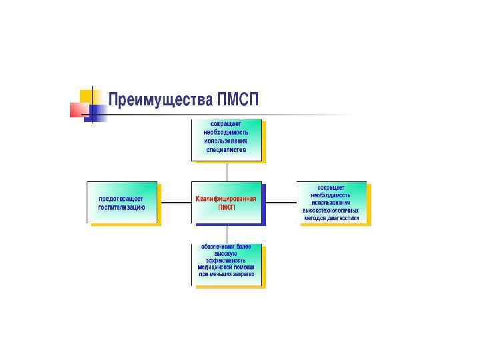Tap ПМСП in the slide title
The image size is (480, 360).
click(x=237, y=100)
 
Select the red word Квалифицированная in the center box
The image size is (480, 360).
click(x=226, y=199)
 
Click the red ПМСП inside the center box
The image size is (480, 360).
click(x=226, y=207)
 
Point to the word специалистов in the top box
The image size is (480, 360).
click(x=226, y=150)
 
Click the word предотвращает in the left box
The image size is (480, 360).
click(x=121, y=199)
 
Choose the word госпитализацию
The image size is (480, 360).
click(x=121, y=207)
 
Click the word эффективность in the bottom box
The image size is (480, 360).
click(x=226, y=261)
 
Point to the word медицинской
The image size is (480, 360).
click(x=213, y=267)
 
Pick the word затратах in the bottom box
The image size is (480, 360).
click(x=242, y=275)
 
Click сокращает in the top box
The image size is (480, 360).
click(x=226, y=124)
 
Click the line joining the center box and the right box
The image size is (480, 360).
click(x=280, y=203)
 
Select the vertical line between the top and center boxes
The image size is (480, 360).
click(x=227, y=171)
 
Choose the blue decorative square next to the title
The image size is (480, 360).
click(x=97, y=114)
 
